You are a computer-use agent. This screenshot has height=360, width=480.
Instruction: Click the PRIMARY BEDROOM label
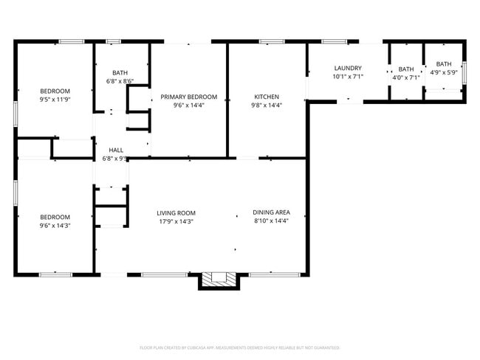(x=189, y=97)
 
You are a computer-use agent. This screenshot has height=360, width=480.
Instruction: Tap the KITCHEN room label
(x=267, y=97)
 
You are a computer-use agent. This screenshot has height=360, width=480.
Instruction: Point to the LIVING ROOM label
(x=176, y=212)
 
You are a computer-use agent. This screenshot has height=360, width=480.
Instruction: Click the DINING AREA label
(x=270, y=212)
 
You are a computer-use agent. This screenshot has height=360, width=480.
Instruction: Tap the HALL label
(x=116, y=150)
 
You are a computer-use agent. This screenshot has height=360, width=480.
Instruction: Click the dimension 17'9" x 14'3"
(x=176, y=221)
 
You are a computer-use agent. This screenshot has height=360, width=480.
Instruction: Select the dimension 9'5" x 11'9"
(x=55, y=100)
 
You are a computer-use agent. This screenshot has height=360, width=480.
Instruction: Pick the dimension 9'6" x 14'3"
(x=55, y=225)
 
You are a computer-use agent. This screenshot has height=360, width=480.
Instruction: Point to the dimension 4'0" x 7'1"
(x=406, y=77)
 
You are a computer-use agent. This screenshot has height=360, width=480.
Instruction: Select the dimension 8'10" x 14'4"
(x=270, y=221)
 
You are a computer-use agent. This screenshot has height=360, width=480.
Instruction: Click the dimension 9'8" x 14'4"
(x=267, y=105)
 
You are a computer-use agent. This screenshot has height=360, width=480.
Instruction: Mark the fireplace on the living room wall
(x=219, y=279)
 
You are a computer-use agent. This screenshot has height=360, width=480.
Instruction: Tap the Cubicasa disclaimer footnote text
(x=239, y=347)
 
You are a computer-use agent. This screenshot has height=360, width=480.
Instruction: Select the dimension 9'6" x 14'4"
(x=189, y=105)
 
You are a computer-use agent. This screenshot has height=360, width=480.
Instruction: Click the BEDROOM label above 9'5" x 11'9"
(x=55, y=91)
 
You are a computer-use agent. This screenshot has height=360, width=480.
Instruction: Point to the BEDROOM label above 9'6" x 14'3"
(x=55, y=216)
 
